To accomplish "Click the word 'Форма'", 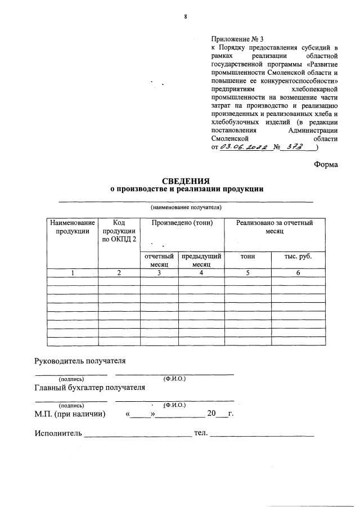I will (326, 165).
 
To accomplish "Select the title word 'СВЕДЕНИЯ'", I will (186, 181).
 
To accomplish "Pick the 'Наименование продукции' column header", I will (72, 227).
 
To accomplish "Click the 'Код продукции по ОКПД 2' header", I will (119, 231).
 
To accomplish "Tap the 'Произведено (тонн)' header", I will (182, 223).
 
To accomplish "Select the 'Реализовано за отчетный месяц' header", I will (274, 227).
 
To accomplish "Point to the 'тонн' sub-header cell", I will (247, 257).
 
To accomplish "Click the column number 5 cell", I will (247, 273).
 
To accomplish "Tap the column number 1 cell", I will (72, 273).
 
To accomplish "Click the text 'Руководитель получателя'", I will (80, 361).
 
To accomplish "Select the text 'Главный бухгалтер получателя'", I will (89, 387).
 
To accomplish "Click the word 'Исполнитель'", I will (58, 433).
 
